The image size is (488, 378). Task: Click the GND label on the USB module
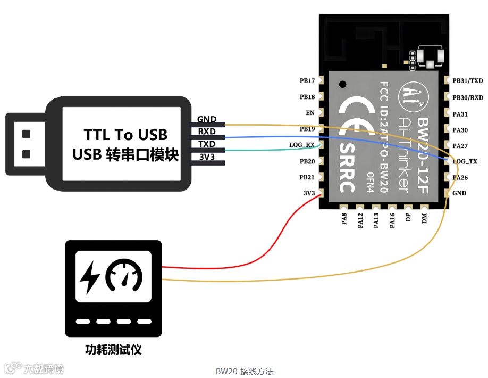tap(207, 119)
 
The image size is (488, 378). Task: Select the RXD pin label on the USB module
tap(207, 132)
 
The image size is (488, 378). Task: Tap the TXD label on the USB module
tap(207, 144)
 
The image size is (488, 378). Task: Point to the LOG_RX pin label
tap(302, 145)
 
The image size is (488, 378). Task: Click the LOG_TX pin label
tap(465, 161)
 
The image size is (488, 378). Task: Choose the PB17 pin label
tap(307, 81)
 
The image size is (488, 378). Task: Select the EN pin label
tap(310, 113)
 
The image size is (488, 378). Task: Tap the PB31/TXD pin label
tap(468, 81)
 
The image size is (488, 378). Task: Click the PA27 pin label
tap(460, 145)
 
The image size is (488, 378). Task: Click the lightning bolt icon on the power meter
tap(89, 277)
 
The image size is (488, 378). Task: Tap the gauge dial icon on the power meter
tap(124, 276)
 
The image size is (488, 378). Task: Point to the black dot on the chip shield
tap(343, 84)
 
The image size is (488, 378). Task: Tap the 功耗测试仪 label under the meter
tap(113, 350)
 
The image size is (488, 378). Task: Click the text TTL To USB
tap(125, 134)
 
